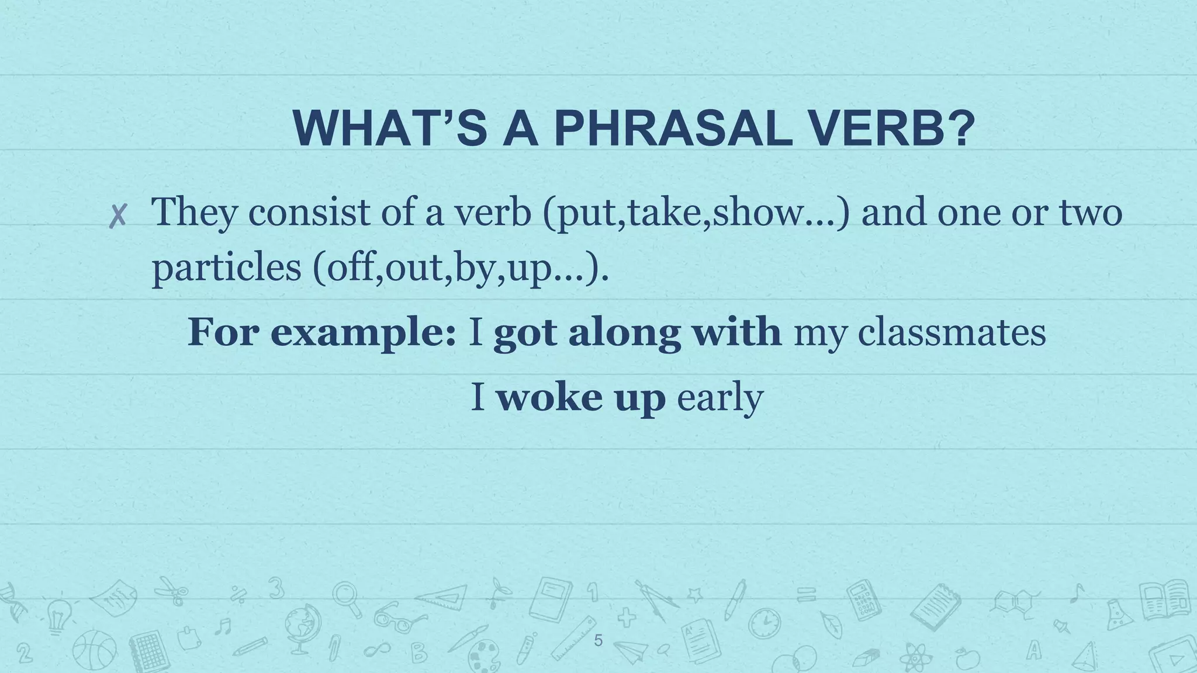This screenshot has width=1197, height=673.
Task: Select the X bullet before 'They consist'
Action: [x=118, y=217]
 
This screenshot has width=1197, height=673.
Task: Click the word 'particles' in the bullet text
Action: [x=226, y=268]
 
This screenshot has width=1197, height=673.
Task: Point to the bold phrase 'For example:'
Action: [x=322, y=333]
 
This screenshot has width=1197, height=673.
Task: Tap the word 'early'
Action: [x=719, y=398]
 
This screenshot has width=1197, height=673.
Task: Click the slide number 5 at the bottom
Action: [x=598, y=641]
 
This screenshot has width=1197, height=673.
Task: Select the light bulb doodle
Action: [x=58, y=616]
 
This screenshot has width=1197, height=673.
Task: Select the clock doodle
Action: [x=764, y=623]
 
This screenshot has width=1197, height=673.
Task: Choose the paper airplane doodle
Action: [x=631, y=651]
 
